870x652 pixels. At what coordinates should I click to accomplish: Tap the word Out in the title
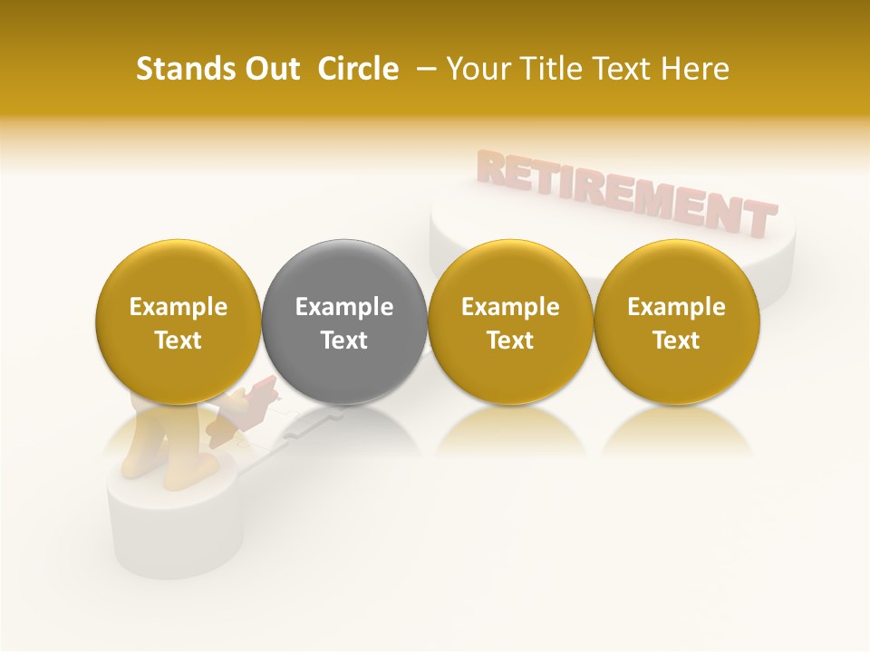coord(270,69)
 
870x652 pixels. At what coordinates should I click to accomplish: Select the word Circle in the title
coord(358,69)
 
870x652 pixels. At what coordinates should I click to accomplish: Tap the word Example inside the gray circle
coord(344,307)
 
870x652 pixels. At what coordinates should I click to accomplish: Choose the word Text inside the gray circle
coord(344,340)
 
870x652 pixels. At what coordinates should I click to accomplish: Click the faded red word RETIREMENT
coord(625,192)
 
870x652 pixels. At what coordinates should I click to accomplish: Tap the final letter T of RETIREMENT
coord(759,220)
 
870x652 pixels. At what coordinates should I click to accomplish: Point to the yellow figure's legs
coord(154,444)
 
